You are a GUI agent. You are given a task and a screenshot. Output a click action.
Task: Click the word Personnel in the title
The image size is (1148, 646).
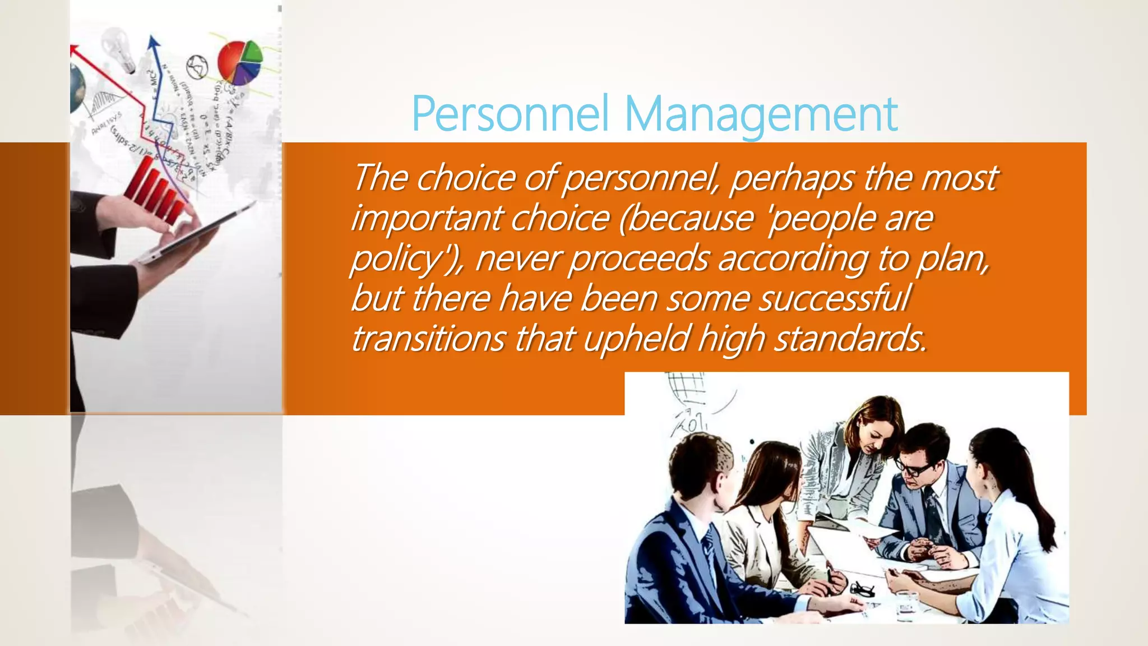click(510, 113)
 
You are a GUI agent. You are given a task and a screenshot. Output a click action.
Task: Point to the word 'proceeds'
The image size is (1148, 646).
click(639, 259)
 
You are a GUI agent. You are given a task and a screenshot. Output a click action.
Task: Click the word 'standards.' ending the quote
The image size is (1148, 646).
click(850, 339)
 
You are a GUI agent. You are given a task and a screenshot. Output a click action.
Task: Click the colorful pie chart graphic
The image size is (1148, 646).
click(240, 62)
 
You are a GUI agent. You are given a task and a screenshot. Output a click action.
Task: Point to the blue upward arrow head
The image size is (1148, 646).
click(153, 43)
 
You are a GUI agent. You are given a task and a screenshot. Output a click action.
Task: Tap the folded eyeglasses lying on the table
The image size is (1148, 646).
click(862, 589)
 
